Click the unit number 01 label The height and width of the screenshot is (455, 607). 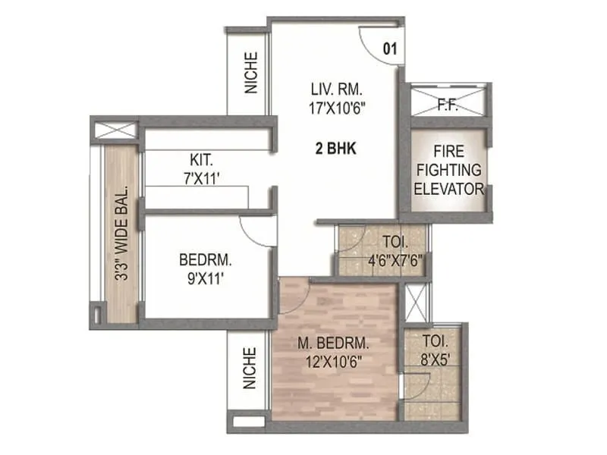[x=390, y=50]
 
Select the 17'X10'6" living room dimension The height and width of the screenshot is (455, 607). [x=334, y=108]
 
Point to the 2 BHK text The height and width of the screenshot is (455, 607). [x=335, y=149]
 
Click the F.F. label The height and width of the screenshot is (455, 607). [x=448, y=105]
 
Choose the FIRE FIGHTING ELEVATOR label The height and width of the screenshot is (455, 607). [x=448, y=169]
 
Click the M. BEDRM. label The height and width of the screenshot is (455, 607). [x=335, y=343]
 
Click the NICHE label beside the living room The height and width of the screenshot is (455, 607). [x=251, y=73]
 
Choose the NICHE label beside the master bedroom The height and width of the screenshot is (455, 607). [x=251, y=369]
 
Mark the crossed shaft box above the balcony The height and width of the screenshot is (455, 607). [x=115, y=129]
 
